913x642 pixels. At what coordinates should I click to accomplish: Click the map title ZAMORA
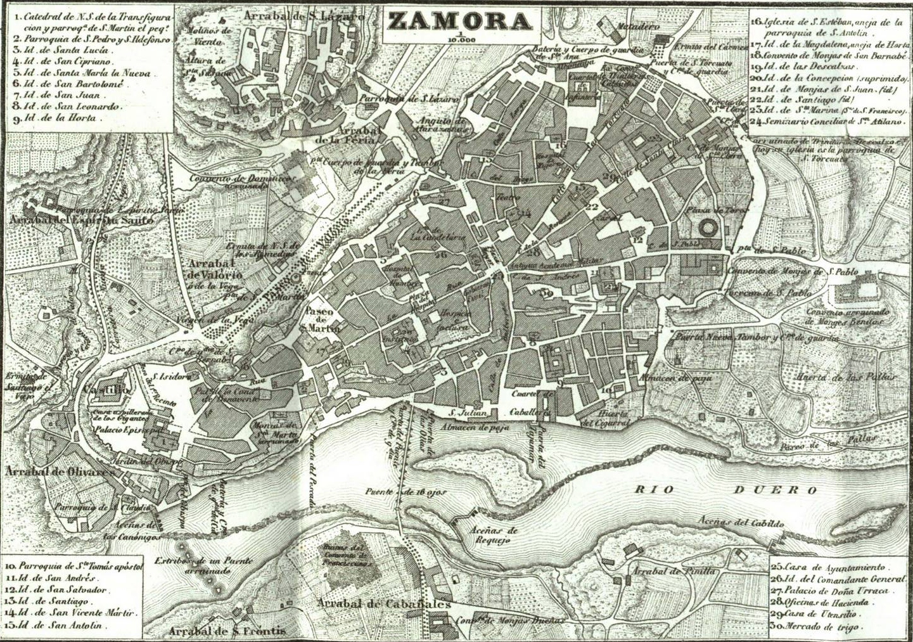point(459,21)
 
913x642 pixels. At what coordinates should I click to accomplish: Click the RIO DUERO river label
point(726,490)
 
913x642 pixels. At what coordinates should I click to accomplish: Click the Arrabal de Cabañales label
point(385,603)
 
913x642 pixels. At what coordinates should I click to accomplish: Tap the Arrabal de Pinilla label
point(672,571)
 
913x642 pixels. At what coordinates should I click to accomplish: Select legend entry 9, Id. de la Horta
point(61,118)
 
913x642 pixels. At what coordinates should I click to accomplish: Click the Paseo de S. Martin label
point(322,319)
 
